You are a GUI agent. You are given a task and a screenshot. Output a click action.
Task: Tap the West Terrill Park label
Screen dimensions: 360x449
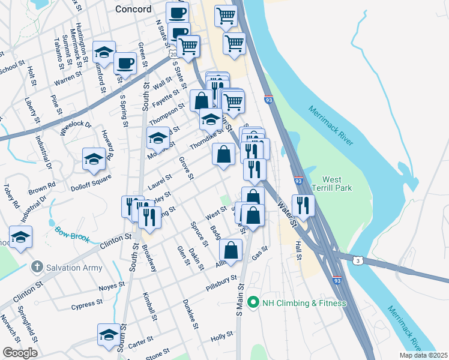point(331,184)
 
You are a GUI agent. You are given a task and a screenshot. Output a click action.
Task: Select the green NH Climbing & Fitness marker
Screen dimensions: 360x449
point(253,303)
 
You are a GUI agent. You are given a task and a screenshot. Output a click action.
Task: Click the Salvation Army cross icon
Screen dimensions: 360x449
point(37,266)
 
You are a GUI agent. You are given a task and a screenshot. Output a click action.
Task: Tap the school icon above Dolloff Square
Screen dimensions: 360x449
point(94,160)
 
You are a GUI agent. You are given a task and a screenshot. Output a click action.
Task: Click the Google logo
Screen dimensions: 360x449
point(20,353)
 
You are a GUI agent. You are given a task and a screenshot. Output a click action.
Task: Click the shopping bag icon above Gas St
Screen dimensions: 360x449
point(231,251)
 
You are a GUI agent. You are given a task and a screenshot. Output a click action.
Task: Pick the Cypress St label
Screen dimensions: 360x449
point(83,305)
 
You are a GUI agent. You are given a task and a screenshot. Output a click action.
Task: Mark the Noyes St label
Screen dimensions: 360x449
point(112,286)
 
